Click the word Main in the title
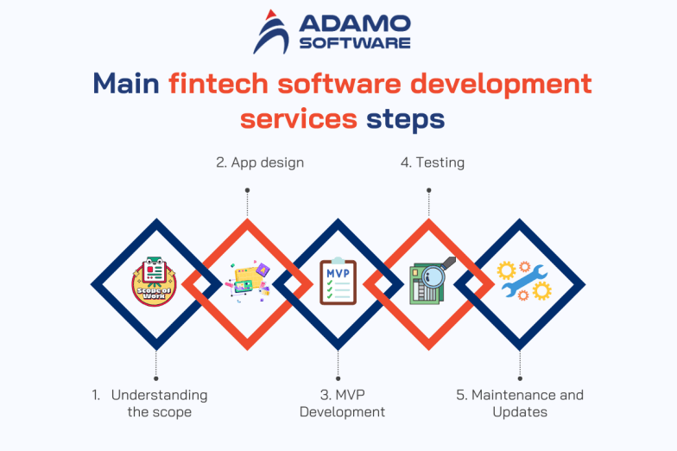click(126, 84)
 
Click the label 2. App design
click(260, 162)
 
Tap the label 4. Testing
click(432, 162)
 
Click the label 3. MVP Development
click(342, 403)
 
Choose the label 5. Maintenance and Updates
click(520, 403)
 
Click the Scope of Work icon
click(155, 283)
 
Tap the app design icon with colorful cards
click(247, 283)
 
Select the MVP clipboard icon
click(338, 282)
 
